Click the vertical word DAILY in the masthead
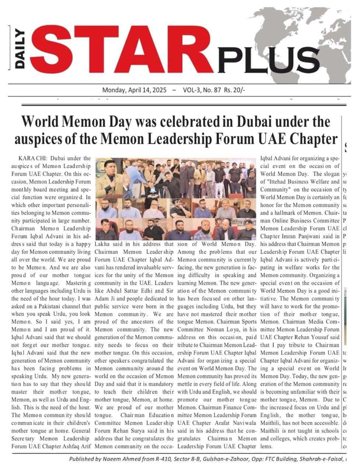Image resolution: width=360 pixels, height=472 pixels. (x=20, y=48)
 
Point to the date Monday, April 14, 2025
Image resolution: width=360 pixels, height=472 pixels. (x=134, y=90)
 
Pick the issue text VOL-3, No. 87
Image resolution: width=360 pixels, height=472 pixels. (x=202, y=90)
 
